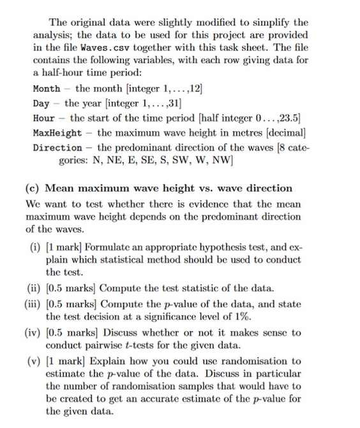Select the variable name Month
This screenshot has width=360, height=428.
coord(46,89)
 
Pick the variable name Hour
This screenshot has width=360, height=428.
coord(43,118)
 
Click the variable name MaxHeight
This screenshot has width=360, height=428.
coord(57,133)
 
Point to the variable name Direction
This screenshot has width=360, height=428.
coord(57,148)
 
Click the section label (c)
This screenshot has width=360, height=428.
coord(34,188)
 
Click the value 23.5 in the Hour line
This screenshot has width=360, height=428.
coord(290,118)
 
